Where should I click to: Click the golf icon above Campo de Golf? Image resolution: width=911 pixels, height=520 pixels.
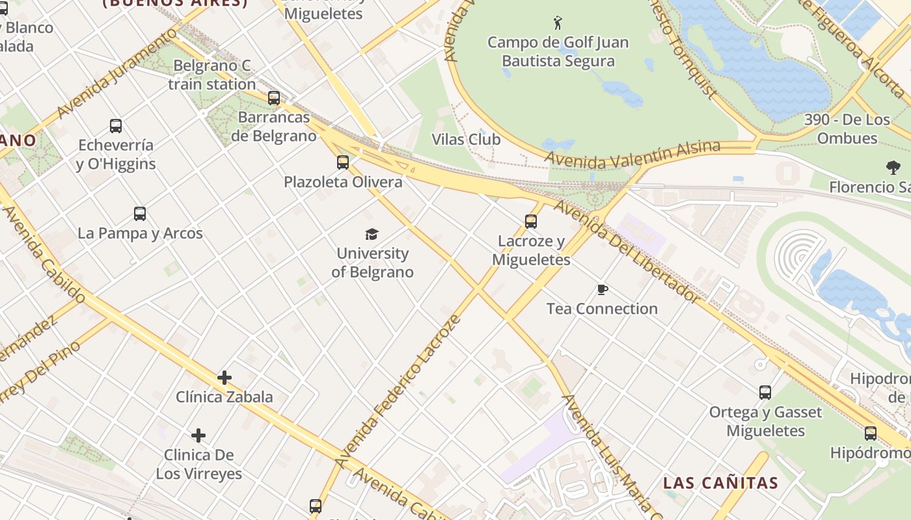[558, 23]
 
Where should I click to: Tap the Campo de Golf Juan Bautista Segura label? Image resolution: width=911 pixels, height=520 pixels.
[558, 52]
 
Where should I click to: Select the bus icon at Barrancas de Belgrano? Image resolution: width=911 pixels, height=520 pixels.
[274, 98]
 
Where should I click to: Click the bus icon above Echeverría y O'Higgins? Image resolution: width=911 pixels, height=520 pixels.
[116, 126]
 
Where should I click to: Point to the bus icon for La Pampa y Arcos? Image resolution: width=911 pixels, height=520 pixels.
[140, 213]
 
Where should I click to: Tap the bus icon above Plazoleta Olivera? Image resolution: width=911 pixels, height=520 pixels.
[343, 162]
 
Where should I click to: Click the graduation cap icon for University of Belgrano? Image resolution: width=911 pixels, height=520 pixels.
[372, 234]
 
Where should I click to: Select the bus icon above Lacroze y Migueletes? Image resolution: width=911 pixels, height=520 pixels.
[531, 222]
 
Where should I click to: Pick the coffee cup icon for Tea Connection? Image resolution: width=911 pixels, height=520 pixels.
[603, 289]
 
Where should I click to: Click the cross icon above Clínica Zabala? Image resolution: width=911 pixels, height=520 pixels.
[224, 378]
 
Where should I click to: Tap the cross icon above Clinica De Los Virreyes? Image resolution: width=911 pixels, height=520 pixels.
[198, 435]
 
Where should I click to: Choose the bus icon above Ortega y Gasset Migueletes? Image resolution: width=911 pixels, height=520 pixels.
[765, 393]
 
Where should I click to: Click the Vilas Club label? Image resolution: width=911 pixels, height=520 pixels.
[466, 139]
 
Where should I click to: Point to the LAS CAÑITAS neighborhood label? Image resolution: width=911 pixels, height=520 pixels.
[720, 483]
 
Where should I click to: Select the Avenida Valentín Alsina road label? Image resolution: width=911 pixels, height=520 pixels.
[632, 153]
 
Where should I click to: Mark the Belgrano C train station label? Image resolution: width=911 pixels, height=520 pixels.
[211, 75]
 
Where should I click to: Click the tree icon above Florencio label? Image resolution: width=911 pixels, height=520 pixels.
[893, 168]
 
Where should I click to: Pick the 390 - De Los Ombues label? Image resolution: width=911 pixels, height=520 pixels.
[847, 129]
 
